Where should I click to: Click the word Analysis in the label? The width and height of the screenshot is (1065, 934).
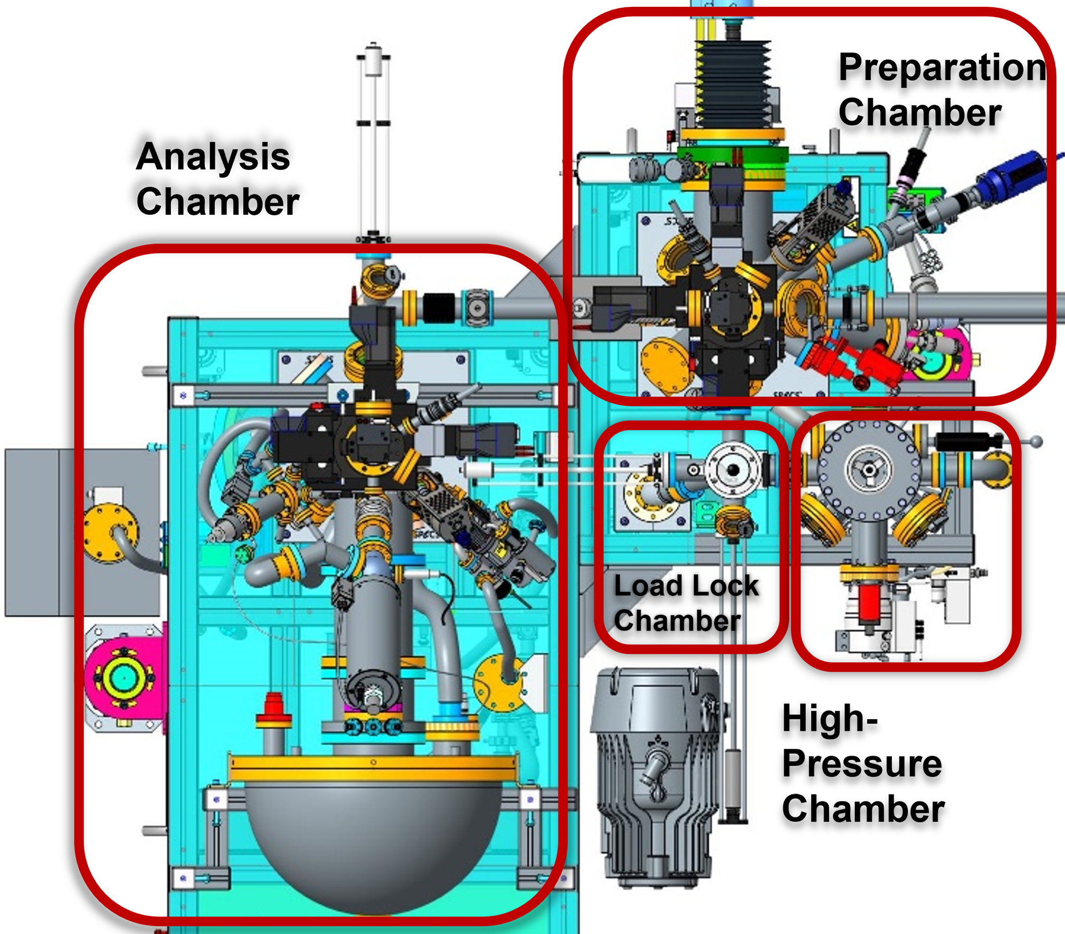pyautogui.click(x=213, y=157)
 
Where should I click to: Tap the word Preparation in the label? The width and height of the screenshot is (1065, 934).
pyautogui.click(x=942, y=68)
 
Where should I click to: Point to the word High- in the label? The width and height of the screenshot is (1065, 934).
pyautogui.click(x=830, y=719)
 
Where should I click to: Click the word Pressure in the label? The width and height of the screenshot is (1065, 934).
pyautogui.click(x=862, y=764)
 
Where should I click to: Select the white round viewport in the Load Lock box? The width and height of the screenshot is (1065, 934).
pyautogui.click(x=733, y=470)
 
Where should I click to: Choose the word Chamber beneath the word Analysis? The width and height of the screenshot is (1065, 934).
pyautogui.click(x=217, y=202)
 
